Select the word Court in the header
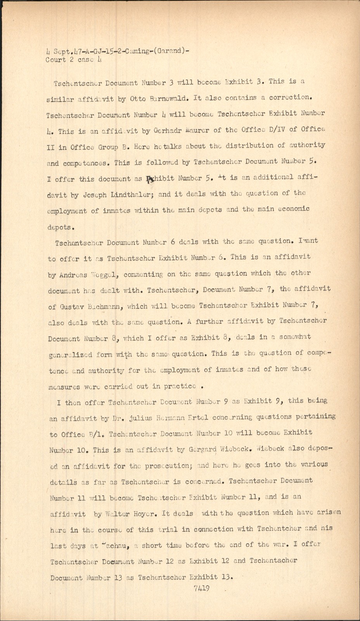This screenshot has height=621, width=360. [x=55, y=60]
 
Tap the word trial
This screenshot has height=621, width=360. [x=168, y=529]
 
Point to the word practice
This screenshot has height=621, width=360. [x=180, y=386]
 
